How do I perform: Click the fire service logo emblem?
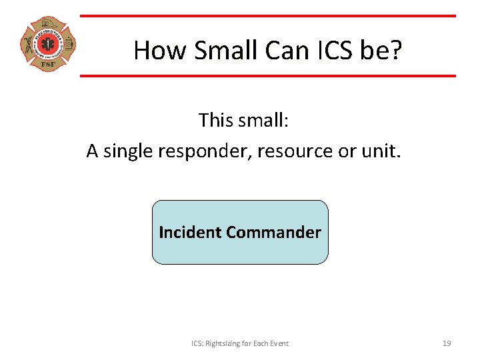point(47,45)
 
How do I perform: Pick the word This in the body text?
point(214,120)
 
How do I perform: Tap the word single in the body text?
point(129,151)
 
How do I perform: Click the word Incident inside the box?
point(190,232)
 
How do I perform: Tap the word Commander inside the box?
point(273,232)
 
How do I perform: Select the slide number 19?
point(447,343)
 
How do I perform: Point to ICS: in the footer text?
point(198,343)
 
